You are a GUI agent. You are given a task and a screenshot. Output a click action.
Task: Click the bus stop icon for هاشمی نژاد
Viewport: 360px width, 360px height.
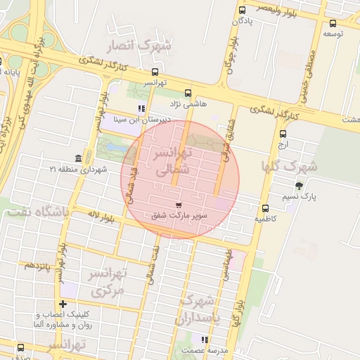coord(187,93)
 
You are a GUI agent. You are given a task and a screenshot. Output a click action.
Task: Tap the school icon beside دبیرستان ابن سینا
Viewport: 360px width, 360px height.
coord(141,109)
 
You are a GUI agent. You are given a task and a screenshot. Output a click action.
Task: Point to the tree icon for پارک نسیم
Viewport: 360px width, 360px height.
coord(300,186)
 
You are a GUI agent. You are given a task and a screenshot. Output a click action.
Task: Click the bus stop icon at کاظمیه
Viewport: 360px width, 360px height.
coord(266,208)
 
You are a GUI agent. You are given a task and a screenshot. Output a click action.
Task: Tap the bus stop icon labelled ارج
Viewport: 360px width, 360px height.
coord(283,134)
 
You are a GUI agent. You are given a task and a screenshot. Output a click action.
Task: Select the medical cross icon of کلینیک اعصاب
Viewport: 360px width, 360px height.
coord(64,304)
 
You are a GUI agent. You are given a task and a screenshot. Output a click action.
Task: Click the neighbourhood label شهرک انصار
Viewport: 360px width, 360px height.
coord(139,46)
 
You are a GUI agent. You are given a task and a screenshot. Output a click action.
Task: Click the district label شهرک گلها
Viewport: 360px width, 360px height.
coord(289,167)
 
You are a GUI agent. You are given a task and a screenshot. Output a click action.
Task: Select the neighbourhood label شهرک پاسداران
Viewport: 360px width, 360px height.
coord(198,310)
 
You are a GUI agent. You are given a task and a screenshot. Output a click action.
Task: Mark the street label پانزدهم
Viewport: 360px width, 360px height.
coord(39,266)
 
